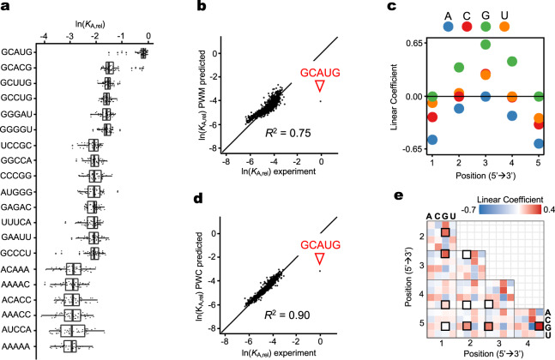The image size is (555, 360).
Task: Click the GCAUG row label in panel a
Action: click(16, 53)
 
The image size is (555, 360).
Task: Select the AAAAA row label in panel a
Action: click(16, 346)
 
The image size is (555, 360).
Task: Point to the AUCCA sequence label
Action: click(16, 331)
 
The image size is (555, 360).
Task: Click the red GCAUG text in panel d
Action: click(319, 243)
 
